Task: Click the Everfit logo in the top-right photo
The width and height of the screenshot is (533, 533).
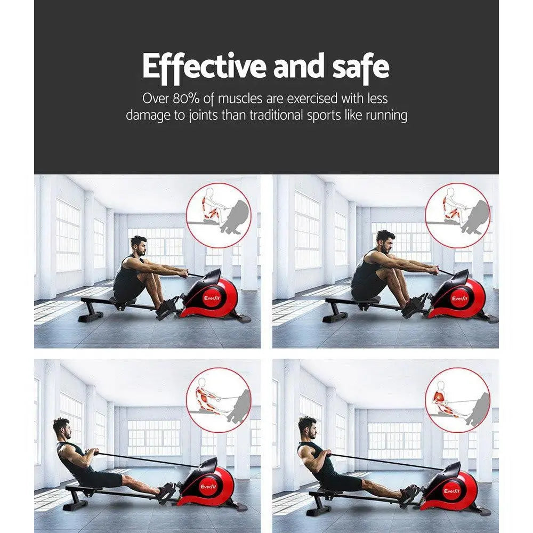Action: click(459, 298)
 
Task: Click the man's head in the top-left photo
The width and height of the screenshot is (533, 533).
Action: click(139, 246)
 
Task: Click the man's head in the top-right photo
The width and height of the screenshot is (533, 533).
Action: click(385, 241)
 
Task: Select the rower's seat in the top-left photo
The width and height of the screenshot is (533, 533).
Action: click(122, 301)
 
